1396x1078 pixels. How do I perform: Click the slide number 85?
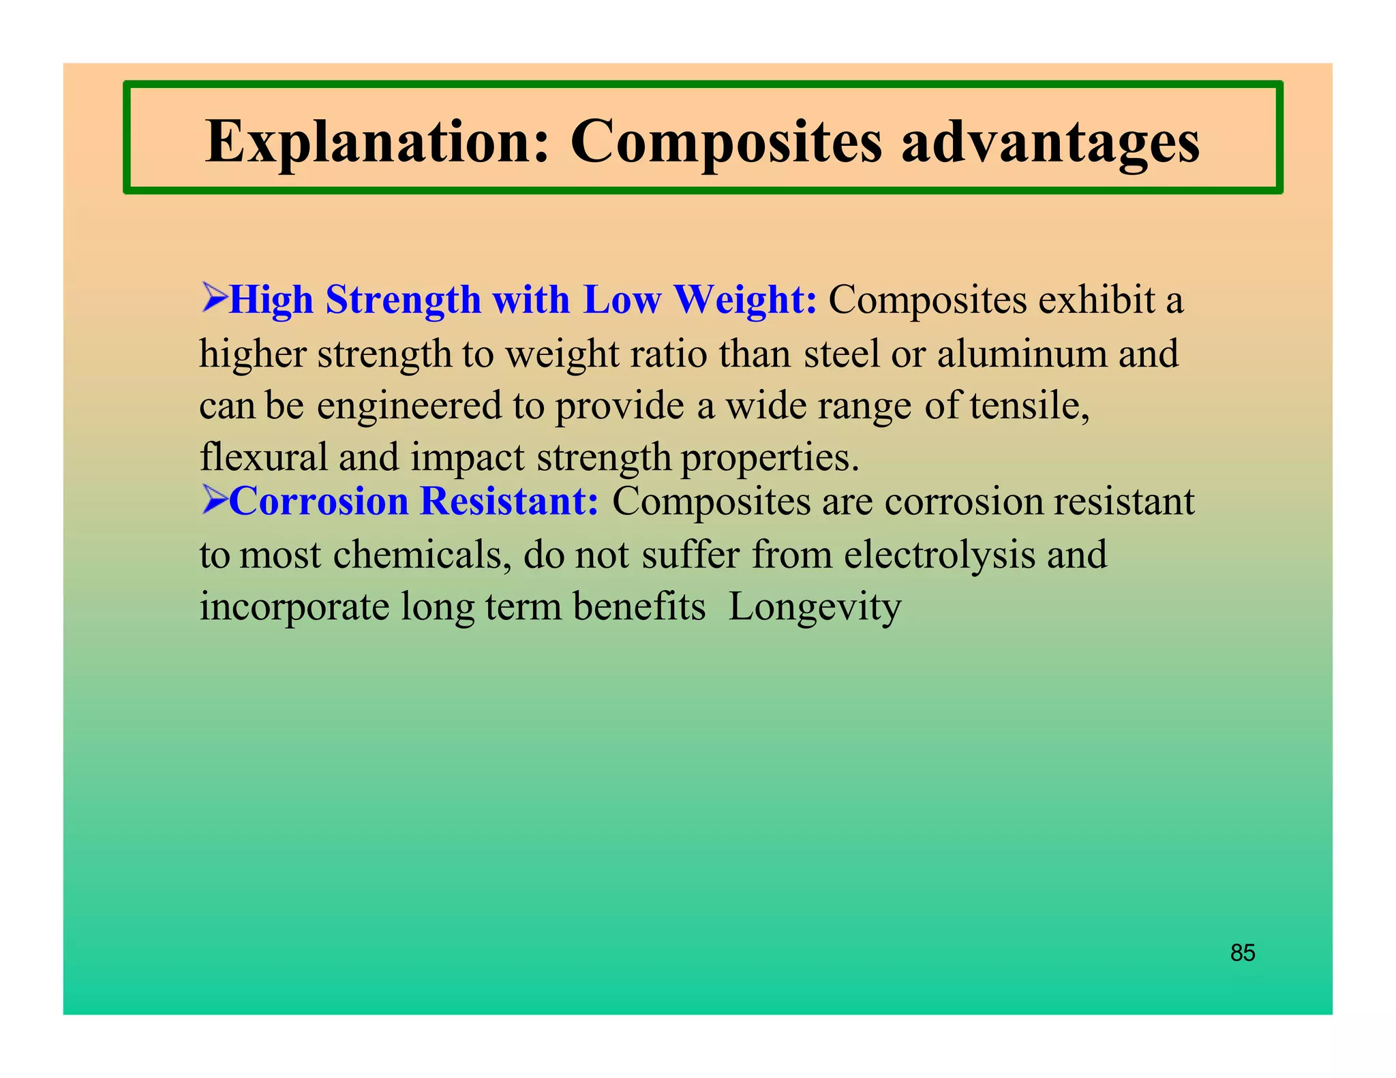[x=1243, y=953]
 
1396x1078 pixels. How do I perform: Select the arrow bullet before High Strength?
[x=213, y=298]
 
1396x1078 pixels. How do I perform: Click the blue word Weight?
[x=745, y=300]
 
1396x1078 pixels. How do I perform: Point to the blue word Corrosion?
[x=318, y=501]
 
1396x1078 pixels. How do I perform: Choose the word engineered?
[x=409, y=406]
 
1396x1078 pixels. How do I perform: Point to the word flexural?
[x=263, y=457]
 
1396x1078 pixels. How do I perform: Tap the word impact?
[x=467, y=458]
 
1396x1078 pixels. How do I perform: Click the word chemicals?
[x=422, y=555]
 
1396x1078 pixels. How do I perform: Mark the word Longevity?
[x=815, y=607]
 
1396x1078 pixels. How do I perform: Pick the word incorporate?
[x=294, y=607]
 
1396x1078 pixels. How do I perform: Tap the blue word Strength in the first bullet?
[x=403, y=300]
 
